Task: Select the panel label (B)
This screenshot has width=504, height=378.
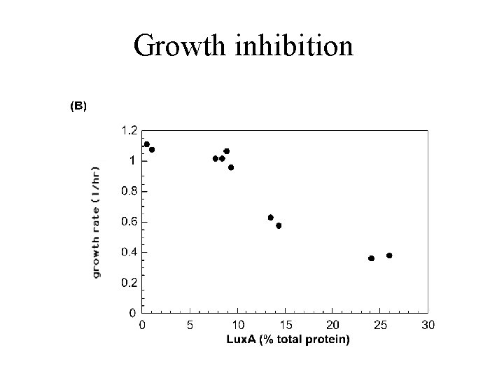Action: point(77,106)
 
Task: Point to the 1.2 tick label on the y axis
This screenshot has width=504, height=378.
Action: point(129,130)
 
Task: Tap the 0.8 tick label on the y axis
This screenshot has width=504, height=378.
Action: point(129,191)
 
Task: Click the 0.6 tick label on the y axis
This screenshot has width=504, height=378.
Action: point(129,222)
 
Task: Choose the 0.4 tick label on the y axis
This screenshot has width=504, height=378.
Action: point(129,252)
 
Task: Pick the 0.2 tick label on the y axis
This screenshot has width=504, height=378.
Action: point(129,283)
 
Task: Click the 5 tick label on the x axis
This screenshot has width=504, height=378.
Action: point(190,325)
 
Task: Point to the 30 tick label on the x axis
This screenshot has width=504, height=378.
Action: point(428,325)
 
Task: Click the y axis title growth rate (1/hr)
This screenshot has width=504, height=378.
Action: point(96,221)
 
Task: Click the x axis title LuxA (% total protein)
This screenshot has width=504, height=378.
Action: point(288,339)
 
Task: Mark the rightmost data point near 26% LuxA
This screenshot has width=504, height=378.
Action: point(389,255)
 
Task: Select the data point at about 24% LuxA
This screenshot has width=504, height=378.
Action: point(371,258)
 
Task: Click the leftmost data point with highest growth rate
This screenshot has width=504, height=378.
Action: point(146,144)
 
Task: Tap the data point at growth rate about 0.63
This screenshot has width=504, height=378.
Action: point(270,218)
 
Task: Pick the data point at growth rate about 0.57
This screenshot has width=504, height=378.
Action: point(279,225)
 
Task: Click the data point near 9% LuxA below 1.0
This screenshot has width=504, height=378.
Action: point(231,167)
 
